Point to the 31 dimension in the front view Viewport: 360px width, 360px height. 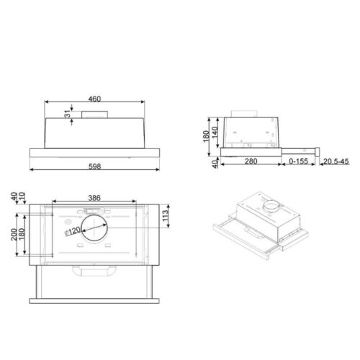67,114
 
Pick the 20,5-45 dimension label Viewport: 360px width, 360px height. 336,162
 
